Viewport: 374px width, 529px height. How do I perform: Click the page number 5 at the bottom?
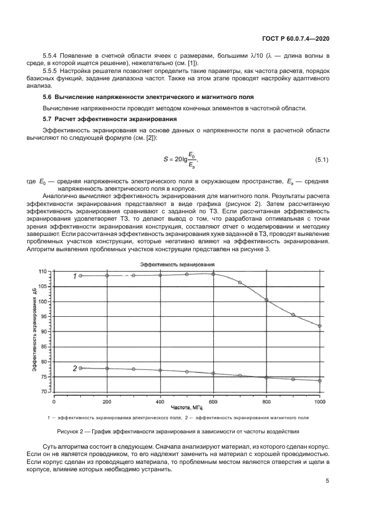click(x=328, y=481)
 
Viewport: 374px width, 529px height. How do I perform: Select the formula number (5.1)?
click(x=321, y=160)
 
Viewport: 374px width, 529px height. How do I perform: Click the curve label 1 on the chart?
click(x=74, y=276)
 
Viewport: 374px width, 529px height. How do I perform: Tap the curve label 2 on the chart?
click(x=74, y=369)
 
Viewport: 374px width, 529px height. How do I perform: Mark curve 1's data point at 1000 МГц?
click(x=320, y=326)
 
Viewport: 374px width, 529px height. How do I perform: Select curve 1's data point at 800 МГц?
click(x=266, y=300)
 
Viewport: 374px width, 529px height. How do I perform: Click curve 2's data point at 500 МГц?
click(x=187, y=372)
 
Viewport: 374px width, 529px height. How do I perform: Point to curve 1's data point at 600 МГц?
click(x=213, y=274)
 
